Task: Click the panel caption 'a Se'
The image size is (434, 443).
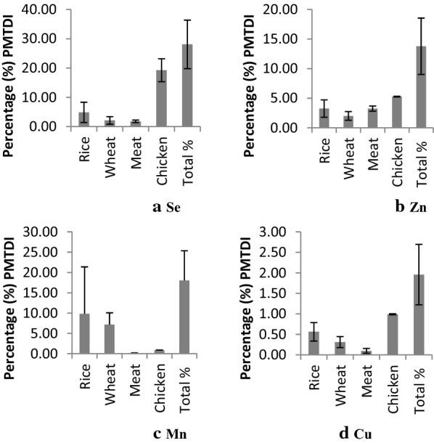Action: click(x=165, y=207)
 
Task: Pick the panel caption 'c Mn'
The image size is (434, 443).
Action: click(x=165, y=434)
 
